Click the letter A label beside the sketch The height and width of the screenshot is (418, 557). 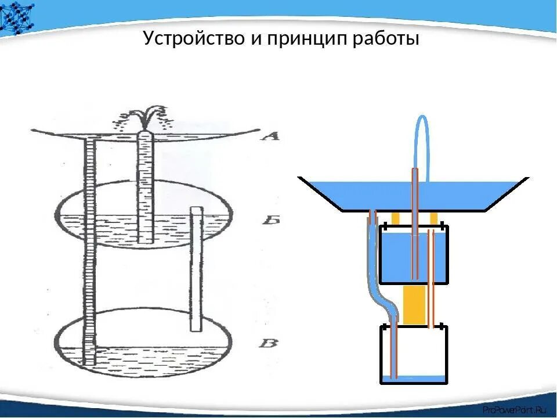point(270,137)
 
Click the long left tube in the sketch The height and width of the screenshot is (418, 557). point(89,250)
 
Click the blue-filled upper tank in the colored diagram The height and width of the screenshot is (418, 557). point(400,255)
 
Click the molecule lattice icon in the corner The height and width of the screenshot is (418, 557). point(17,16)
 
